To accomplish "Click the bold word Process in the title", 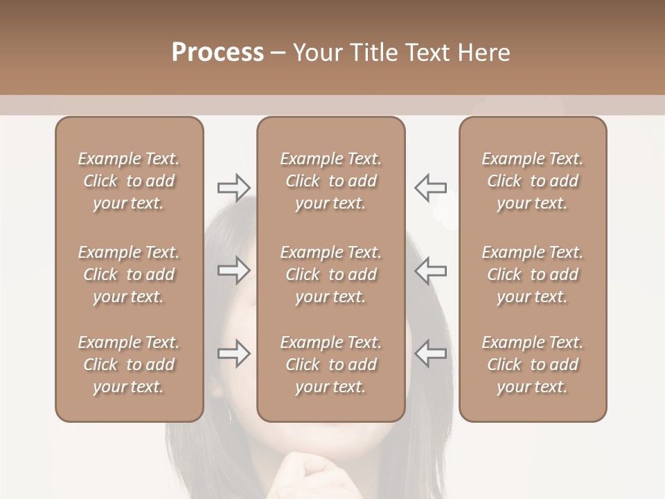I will click(218, 53).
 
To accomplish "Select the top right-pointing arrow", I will click(233, 187).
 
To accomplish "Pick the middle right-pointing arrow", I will click(233, 270).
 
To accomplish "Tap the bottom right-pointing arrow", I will click(233, 353).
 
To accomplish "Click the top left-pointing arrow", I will click(430, 187).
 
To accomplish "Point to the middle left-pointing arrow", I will click(430, 270).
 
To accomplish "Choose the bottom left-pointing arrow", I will click(430, 353).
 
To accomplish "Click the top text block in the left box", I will click(129, 181).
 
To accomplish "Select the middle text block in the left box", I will click(129, 274).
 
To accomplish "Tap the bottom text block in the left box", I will click(129, 365).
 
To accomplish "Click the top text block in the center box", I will click(331, 181).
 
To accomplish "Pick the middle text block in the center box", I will click(331, 274).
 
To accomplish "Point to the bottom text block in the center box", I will click(331, 365).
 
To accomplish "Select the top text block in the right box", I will click(533, 181).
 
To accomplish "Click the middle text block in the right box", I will click(533, 274).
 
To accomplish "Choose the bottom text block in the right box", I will click(533, 365).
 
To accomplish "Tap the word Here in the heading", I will click(484, 53).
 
